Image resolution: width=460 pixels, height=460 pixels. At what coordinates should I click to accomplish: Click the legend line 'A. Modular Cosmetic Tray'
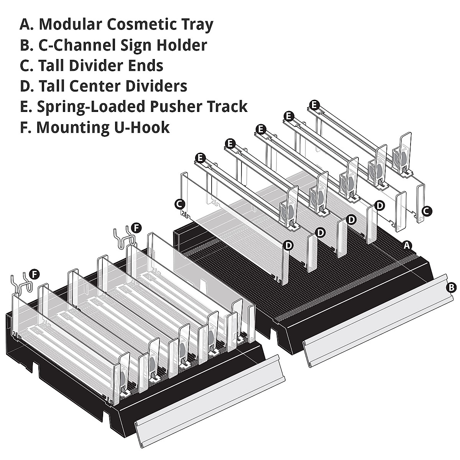[x=117, y=24]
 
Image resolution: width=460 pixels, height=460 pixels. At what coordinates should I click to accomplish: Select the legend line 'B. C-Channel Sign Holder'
[x=113, y=45]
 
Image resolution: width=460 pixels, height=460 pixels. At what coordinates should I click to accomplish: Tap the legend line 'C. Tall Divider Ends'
[x=92, y=66]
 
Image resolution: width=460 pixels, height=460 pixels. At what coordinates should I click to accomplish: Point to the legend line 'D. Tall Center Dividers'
[x=103, y=86]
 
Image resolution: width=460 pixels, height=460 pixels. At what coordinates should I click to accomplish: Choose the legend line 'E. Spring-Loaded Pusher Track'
[x=133, y=107]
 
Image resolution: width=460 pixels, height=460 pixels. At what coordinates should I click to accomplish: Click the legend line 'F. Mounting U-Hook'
[x=95, y=127]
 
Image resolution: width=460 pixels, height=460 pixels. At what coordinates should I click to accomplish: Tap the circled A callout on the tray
[x=408, y=244]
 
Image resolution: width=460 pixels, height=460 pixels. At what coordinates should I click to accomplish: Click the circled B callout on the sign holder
[x=452, y=287]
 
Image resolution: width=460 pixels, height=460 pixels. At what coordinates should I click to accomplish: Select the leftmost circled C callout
[x=180, y=204]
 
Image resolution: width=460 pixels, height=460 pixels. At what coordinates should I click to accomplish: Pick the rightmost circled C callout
[x=426, y=210]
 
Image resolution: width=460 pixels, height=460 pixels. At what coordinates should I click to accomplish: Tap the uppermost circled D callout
[x=379, y=205]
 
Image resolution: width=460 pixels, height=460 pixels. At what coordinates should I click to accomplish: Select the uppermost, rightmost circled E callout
[x=314, y=104]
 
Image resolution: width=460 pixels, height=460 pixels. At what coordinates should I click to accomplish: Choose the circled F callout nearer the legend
[x=136, y=228]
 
